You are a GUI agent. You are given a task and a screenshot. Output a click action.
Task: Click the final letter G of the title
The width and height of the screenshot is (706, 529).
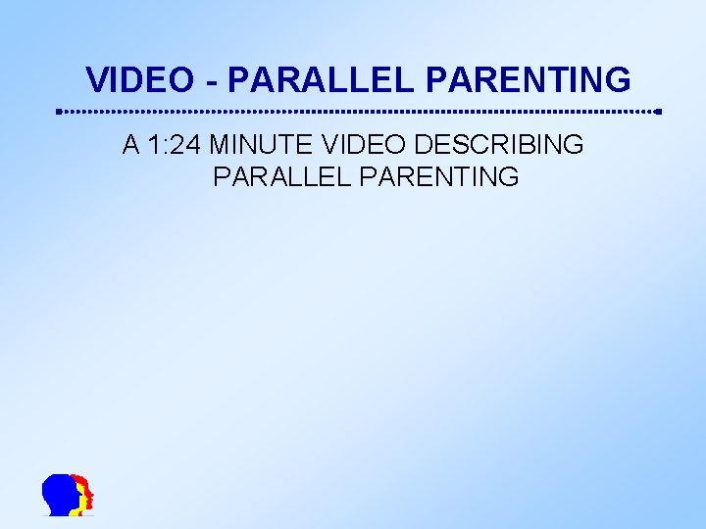click(x=617, y=78)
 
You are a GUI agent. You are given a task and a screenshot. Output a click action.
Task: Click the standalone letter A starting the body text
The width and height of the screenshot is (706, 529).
click(x=131, y=145)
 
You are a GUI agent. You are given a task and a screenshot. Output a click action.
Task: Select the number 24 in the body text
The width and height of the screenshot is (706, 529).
click(x=188, y=145)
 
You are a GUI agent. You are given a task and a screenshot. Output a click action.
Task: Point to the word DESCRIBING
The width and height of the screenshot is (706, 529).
click(x=499, y=145)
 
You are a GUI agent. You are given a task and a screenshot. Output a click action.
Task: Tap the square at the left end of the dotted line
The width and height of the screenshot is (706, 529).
click(x=59, y=112)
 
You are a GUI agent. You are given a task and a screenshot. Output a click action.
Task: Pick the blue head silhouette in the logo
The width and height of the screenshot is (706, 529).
click(x=61, y=494)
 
